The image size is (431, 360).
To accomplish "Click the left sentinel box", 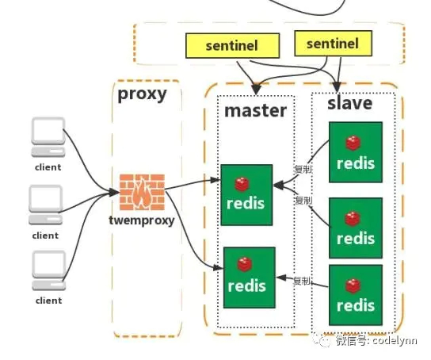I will point(231,46).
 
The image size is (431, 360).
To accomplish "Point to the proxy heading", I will point(142,95).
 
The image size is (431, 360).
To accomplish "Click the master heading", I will point(255,110).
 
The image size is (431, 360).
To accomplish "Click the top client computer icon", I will point(48,137).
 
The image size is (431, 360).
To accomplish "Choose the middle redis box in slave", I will point(356,228).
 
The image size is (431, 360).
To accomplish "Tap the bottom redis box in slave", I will point(356,296).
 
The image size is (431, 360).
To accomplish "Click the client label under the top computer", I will point(48,167).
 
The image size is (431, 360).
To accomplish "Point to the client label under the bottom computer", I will point(48,301).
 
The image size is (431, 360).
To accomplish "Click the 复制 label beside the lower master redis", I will point(301,281).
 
